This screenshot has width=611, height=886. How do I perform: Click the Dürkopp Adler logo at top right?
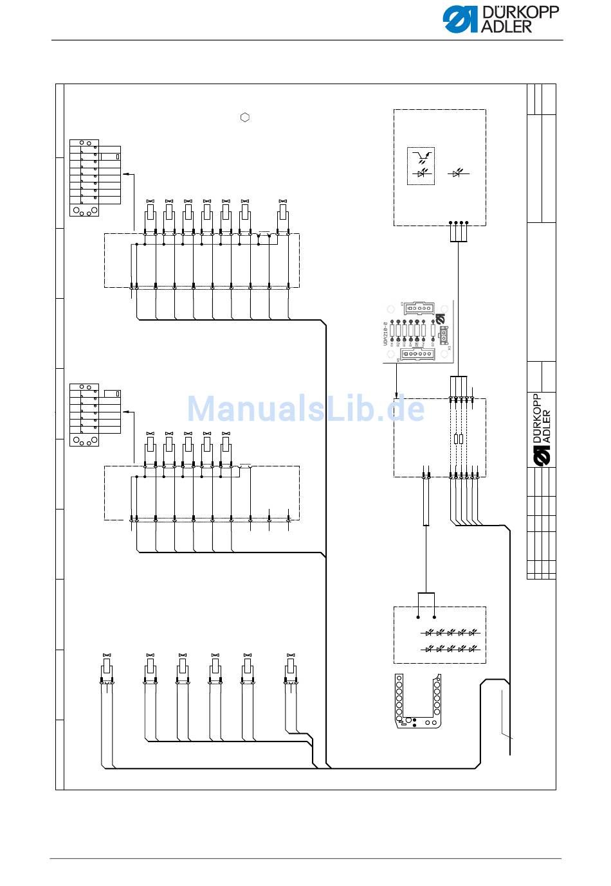click(500, 19)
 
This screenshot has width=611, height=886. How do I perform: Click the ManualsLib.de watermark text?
click(305, 409)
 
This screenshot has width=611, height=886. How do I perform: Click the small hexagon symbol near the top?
click(245, 118)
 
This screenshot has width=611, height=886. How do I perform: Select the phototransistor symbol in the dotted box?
click(421, 156)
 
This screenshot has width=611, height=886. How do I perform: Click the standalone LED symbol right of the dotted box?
click(457, 173)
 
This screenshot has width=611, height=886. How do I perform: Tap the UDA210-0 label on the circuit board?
click(386, 335)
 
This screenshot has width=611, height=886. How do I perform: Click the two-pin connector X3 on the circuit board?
click(444, 335)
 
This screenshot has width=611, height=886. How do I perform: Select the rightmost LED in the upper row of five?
click(473, 633)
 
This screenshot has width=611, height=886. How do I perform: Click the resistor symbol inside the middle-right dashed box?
click(457, 439)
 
